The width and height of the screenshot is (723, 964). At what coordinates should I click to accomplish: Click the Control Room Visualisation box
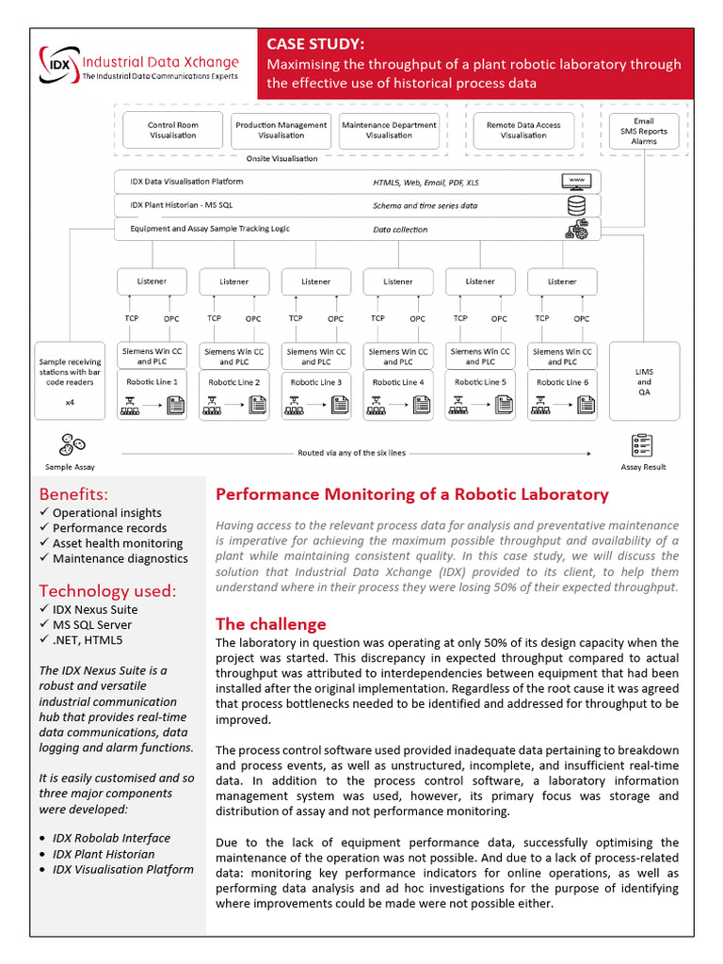pos(173,130)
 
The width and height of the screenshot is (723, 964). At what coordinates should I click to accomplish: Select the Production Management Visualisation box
pos(281,130)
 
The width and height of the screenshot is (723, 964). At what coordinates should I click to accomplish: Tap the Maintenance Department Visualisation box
pos(389,130)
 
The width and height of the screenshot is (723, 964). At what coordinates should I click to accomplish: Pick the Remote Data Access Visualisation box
pos(523,130)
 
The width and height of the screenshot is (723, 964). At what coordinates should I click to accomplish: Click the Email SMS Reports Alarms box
pos(644,131)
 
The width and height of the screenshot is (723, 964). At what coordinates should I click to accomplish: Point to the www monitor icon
pos(575,181)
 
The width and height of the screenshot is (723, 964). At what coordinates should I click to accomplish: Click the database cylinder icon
pos(575,204)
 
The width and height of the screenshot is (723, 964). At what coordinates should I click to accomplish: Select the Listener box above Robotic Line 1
pos(152,281)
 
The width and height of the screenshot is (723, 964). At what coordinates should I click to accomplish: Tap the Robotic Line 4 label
pos(397,382)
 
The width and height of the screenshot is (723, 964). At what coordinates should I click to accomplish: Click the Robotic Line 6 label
pos(562,382)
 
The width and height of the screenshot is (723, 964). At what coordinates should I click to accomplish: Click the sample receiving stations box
pos(70,380)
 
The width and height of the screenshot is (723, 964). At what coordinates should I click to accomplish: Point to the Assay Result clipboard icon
pos(644,445)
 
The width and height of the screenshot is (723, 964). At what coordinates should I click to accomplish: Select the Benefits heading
pos(73,494)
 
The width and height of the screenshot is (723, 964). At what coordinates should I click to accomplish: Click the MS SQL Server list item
pos(92,624)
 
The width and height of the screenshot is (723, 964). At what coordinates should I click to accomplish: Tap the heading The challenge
pos(271,624)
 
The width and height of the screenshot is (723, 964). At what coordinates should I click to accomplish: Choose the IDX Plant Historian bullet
pos(104,854)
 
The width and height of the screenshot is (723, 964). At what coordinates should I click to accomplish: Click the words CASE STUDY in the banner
pos(315,44)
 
